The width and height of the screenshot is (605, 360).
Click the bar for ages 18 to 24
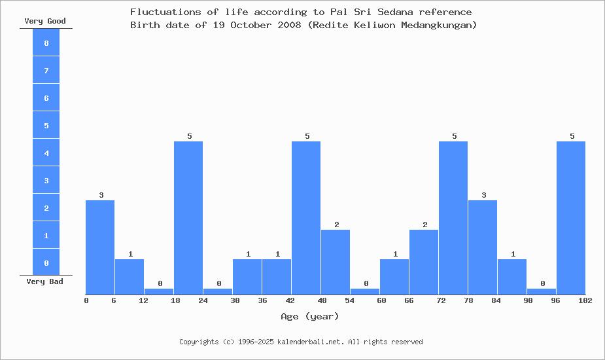coord(188,217)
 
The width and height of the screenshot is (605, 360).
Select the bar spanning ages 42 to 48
coord(306,217)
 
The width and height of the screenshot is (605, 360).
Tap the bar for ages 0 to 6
coord(100,247)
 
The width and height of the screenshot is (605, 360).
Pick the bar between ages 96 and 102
coord(571,217)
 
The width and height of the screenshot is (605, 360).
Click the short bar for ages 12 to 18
coord(159,291)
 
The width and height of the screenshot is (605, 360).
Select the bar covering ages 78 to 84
coord(483,247)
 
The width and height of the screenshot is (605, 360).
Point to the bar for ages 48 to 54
coord(336,262)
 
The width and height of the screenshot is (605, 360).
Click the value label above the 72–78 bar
coord(454,136)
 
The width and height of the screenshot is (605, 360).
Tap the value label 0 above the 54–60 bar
coord(366,283)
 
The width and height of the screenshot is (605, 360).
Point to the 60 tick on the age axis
coord(381,300)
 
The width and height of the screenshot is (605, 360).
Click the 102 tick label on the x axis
coord(585,300)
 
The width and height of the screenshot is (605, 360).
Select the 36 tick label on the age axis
coord(263,300)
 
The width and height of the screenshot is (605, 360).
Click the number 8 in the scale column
coord(46,43)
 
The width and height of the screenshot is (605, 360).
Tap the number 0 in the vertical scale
coord(46,263)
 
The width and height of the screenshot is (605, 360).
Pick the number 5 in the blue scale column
coord(46,126)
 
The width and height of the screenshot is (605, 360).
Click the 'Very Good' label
coord(45,21)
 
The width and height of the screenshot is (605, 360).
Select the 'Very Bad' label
coord(45,281)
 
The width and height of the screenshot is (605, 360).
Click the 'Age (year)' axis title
coord(310,316)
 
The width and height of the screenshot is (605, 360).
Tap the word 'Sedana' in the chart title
coord(396,12)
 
